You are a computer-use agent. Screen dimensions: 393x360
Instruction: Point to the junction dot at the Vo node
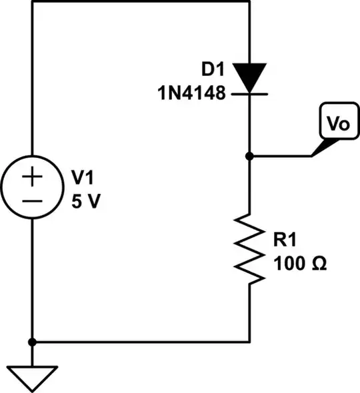pyautogui.click(x=249, y=157)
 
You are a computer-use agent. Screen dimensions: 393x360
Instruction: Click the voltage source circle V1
pyautogui.click(x=31, y=189)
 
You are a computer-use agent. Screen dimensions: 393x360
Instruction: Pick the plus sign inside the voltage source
pyautogui.click(x=31, y=178)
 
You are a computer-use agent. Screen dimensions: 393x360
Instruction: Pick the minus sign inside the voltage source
pyautogui.click(x=31, y=200)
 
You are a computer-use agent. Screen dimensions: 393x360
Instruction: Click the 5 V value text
pyautogui.click(x=86, y=201)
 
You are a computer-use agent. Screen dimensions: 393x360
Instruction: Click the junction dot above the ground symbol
pyautogui.click(x=31, y=342)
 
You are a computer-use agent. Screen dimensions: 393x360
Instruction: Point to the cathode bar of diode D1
pyautogui.click(x=249, y=94)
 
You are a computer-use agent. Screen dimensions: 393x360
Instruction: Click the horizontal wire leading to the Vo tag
pyautogui.click(x=280, y=157)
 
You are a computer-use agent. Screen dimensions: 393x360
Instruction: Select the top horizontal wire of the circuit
pyautogui.click(x=140, y=1)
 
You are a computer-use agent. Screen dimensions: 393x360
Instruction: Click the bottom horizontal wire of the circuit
pyautogui.click(x=140, y=342)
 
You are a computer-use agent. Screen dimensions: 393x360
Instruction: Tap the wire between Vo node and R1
pyautogui.click(x=249, y=187)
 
